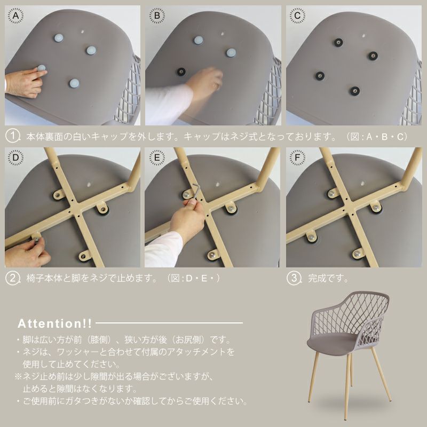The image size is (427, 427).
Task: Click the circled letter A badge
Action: coord(15,15)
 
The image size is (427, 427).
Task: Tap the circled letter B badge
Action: coord(157,15)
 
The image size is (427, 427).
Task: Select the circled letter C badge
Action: coord(297,15)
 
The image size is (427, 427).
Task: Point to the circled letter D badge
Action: coord(15,157)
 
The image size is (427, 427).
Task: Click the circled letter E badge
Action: coord(157,157)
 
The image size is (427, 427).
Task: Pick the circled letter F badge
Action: coord(297,157)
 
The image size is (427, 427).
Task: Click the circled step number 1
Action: coord(12,137)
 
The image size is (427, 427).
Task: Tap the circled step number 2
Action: coord(12,278)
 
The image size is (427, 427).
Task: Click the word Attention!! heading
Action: coord(55,323)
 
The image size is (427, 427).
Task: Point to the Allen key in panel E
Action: coord(195,192)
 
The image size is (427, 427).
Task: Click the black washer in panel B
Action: coord(181,72)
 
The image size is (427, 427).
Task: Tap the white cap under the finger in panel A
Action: coord(42,68)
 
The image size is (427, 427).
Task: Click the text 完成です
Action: coord(328,278)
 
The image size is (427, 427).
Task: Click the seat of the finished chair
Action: coord(331,343)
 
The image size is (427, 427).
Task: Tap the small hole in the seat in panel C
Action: coord(363,35)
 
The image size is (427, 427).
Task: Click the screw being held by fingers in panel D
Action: coord(36,240)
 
